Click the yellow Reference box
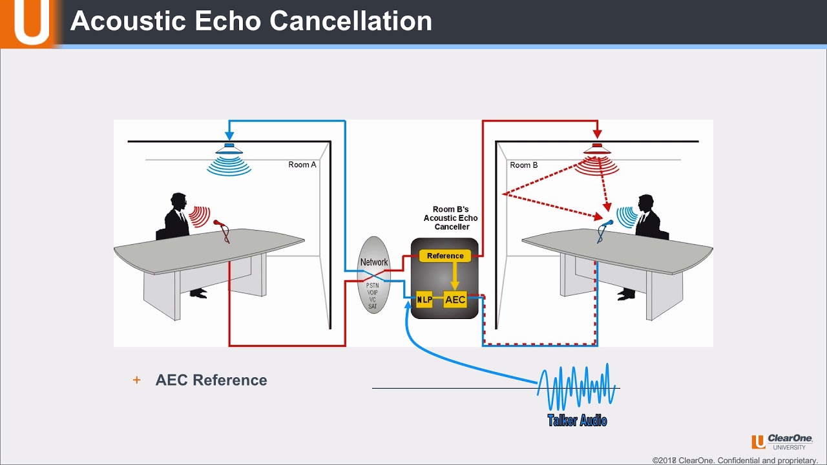point(445,256)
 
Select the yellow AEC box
point(455,300)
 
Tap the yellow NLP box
point(424,300)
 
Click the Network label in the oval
point(374,262)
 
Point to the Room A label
point(302,165)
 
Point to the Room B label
point(523,165)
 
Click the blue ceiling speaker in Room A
point(229,148)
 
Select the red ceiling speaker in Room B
point(598,148)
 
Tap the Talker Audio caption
point(577,421)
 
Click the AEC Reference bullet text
point(211,380)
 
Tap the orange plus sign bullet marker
point(136,380)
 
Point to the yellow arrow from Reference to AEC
point(455,276)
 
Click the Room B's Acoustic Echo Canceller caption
point(451,218)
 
